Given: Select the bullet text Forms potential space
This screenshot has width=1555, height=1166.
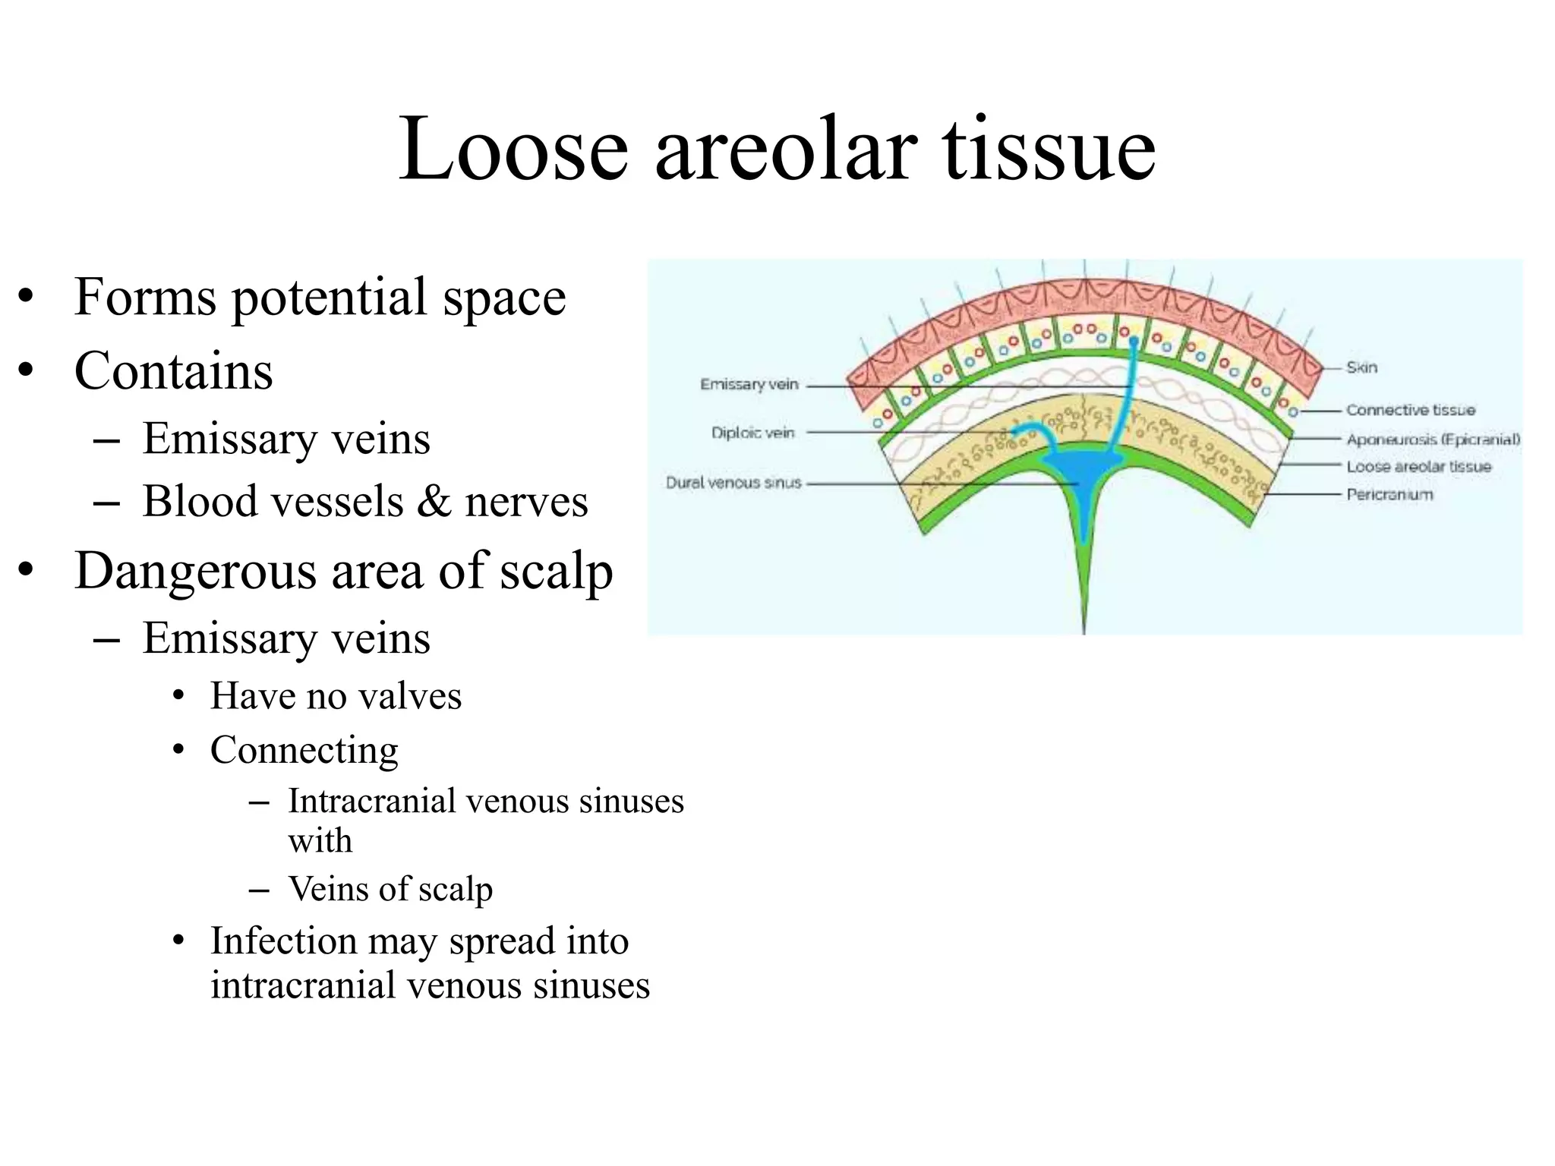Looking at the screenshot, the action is (320, 297).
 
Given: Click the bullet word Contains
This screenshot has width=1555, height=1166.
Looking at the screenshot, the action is (173, 371).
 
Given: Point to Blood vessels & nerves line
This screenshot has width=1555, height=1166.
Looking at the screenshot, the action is (364, 502).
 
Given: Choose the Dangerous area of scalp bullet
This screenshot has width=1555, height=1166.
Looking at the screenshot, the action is (343, 571).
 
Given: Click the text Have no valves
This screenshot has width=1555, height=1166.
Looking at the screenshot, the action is (336, 696).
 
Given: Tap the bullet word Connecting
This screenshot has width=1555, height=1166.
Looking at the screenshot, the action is (304, 751).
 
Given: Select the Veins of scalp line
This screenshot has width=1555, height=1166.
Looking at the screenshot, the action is (390, 889).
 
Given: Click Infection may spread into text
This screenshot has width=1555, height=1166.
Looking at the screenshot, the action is (419, 941).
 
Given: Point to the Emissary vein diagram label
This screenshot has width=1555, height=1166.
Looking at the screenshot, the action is (749, 385).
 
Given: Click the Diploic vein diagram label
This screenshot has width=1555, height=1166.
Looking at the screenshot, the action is (752, 433).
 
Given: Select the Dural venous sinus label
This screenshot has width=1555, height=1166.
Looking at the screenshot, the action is (733, 483).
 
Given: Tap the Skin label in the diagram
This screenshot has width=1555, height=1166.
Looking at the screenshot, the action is (1361, 367).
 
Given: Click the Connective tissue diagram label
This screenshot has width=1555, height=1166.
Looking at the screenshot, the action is (1410, 411).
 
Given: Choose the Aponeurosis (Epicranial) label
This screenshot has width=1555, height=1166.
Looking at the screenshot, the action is (1433, 440).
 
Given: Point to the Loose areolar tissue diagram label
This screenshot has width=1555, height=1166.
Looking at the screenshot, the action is (1418, 467).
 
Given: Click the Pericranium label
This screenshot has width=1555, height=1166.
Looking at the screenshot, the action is (1389, 495).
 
